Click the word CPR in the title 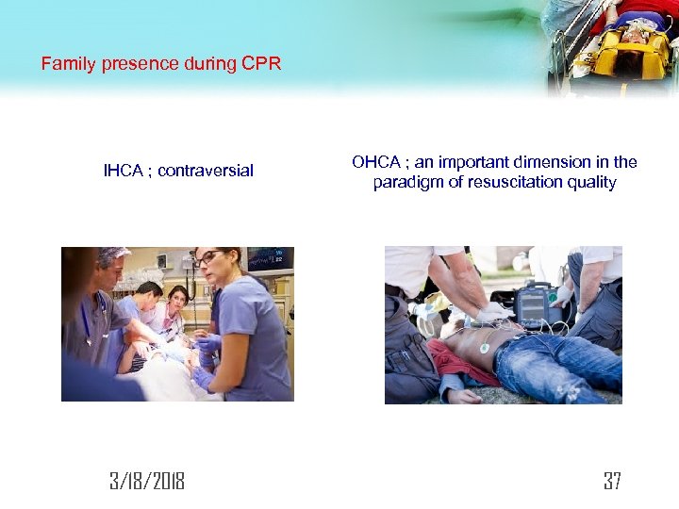click(x=264, y=65)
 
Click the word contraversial click(x=206, y=171)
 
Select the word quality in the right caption click(x=591, y=182)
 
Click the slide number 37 click(x=612, y=482)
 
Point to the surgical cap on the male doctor click(x=112, y=254)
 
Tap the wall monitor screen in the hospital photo click(x=270, y=258)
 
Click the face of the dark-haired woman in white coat click(x=175, y=301)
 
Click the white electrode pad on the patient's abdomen click(x=484, y=348)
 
